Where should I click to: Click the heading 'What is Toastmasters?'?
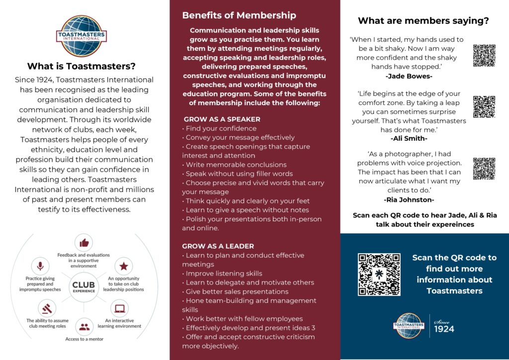coord(81,66)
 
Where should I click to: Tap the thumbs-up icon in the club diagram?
coord(84,243)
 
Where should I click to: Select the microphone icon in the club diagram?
coord(40,265)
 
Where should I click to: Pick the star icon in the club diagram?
coord(123,266)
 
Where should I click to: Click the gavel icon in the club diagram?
coord(47,308)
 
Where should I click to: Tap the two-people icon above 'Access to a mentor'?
coord(84,327)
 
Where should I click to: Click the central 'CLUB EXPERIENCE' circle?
coord(84,287)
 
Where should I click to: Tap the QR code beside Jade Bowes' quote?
coord(484,55)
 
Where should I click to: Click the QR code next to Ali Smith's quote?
coord(484,106)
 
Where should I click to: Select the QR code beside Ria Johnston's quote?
coord(484,169)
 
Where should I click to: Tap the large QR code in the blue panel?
coord(379,274)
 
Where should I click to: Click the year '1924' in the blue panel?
coord(444,329)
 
